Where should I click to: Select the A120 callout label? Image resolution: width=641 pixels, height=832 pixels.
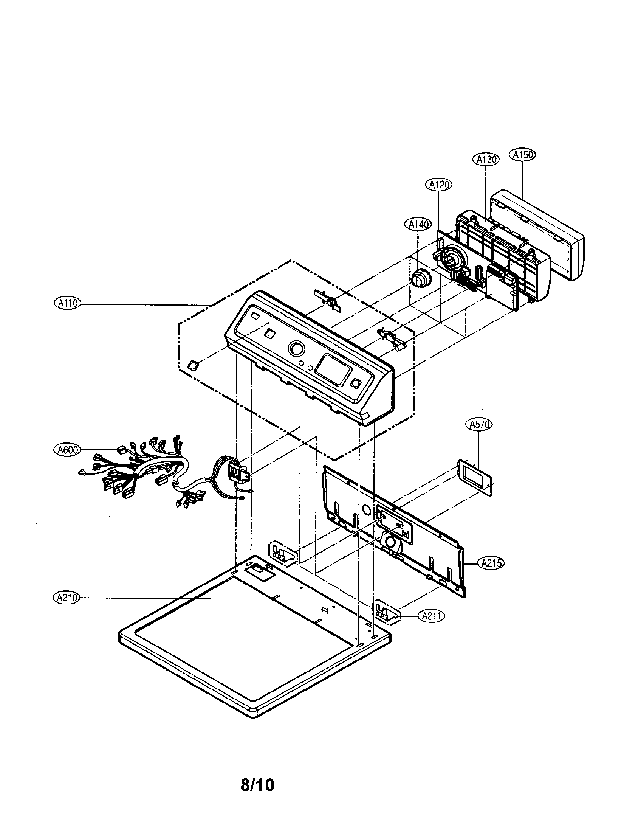438,185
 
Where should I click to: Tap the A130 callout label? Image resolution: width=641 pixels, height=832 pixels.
486,160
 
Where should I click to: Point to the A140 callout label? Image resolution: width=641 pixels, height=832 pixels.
418,225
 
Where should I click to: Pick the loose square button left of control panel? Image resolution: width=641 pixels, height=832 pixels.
193,365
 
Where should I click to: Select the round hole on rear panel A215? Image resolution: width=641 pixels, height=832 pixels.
366,509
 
